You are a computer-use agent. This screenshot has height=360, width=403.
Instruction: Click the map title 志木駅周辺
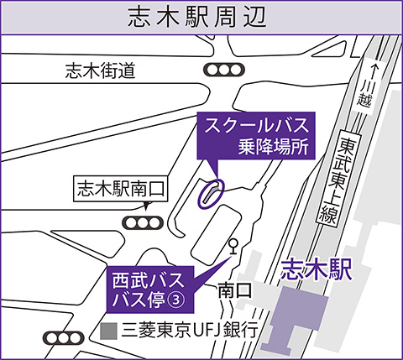pos(196,18)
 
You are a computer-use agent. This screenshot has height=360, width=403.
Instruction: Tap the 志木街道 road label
pos(101,70)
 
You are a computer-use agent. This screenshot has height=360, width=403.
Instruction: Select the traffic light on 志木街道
pos(224,70)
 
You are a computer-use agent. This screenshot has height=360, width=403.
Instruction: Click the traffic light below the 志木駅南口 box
pos(143,223)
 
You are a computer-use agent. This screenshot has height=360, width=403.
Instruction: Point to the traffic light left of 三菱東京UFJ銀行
pos(64,338)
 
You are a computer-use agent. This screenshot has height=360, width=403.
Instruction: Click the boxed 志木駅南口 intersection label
pos(121,189)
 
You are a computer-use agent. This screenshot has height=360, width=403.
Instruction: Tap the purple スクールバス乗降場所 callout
pos(256,136)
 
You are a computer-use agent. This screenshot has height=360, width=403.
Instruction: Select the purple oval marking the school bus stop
pos(212,194)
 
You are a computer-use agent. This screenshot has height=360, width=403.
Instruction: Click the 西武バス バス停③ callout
pos(150,290)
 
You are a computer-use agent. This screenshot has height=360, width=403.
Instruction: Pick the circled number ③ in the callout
pos(176,300)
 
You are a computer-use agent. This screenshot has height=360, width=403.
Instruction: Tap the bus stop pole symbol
pos(233,246)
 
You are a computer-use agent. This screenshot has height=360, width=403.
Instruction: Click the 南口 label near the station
pos(235,290)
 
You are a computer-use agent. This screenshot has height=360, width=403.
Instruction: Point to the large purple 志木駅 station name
pos(317,269)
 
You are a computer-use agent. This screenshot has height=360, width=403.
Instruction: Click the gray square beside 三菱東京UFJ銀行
pos(108,331)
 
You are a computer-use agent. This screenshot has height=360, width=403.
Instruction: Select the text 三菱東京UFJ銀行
pos(189,331)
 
